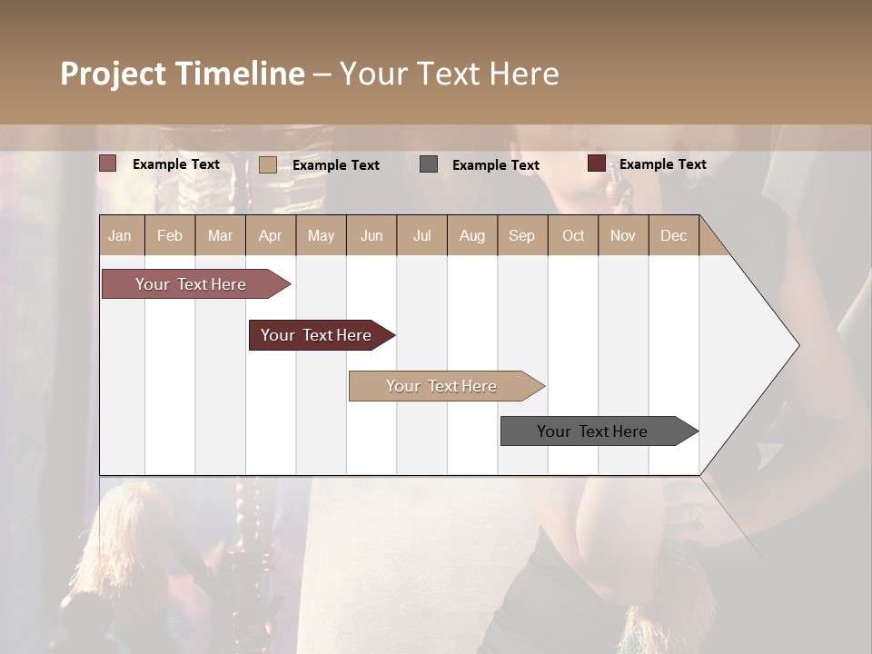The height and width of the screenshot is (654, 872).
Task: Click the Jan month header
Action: pos(121,235)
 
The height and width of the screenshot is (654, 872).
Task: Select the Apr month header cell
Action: pos(271,235)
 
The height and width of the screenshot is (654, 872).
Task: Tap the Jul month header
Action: pos(421,235)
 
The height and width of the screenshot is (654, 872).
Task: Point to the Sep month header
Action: pos(521,235)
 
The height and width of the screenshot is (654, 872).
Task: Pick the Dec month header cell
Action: pos(673,235)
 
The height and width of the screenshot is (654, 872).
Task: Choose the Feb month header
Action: pos(170,235)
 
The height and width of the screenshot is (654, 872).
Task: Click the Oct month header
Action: pos(573,235)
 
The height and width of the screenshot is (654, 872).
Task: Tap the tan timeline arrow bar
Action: pos(442,386)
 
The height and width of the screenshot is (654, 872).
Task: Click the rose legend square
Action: pos(108,163)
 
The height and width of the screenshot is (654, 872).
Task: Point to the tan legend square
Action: pos(268,164)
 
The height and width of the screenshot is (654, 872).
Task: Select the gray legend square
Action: pos(429,164)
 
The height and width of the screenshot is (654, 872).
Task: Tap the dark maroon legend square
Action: pos(597,163)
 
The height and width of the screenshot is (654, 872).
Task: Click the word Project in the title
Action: pos(112,74)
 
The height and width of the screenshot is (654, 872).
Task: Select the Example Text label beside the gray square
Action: pos(495,164)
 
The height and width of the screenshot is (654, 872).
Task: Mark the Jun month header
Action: pos(372,235)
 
